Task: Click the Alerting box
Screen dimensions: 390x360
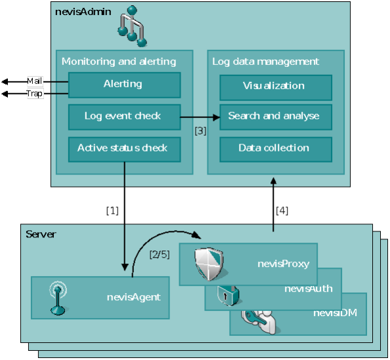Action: (x=124, y=85)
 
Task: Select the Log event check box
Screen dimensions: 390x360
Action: (x=124, y=117)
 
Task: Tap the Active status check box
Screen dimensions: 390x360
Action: (x=124, y=150)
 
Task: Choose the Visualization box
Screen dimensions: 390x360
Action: (x=276, y=87)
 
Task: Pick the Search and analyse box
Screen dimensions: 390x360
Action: (x=276, y=117)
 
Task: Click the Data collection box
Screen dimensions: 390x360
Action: (x=276, y=150)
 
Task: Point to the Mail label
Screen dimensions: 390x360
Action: (x=35, y=81)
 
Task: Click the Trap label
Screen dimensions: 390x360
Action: (x=35, y=94)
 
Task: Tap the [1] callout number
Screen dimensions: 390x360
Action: (x=112, y=210)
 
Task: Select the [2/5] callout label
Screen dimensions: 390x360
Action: (x=160, y=254)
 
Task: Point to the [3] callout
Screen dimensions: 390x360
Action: (x=200, y=130)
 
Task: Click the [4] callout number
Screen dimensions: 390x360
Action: (x=282, y=210)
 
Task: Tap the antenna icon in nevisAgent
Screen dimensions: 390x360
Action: (x=58, y=298)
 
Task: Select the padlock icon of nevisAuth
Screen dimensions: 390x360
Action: (x=228, y=296)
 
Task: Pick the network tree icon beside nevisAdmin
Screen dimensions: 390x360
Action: (x=133, y=26)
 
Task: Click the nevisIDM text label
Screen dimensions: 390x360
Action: (x=335, y=313)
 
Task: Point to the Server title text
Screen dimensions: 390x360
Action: (x=41, y=234)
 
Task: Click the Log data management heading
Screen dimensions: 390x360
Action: (x=265, y=62)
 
